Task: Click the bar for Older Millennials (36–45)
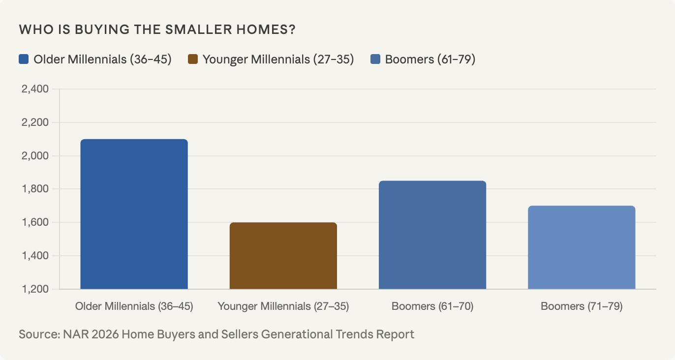coord(134,214)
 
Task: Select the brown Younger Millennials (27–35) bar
coord(283,256)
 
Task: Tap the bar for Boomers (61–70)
coord(432,235)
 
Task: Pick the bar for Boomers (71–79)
coord(582,247)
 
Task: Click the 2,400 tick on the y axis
coord(35,89)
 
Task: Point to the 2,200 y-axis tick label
coord(35,122)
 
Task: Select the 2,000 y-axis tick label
coord(35,156)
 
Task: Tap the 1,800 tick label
coord(35,189)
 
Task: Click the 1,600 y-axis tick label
coord(35,222)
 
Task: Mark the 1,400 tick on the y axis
coord(35,256)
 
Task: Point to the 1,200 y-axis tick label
coord(35,289)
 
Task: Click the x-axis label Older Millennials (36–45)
coord(134,306)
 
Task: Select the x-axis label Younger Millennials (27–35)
coord(283,306)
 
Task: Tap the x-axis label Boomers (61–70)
coord(432,306)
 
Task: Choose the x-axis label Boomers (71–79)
coord(582,306)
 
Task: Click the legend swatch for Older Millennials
coord(24,60)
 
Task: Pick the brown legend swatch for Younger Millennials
coord(193,60)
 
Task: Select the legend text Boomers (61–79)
coord(430,60)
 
